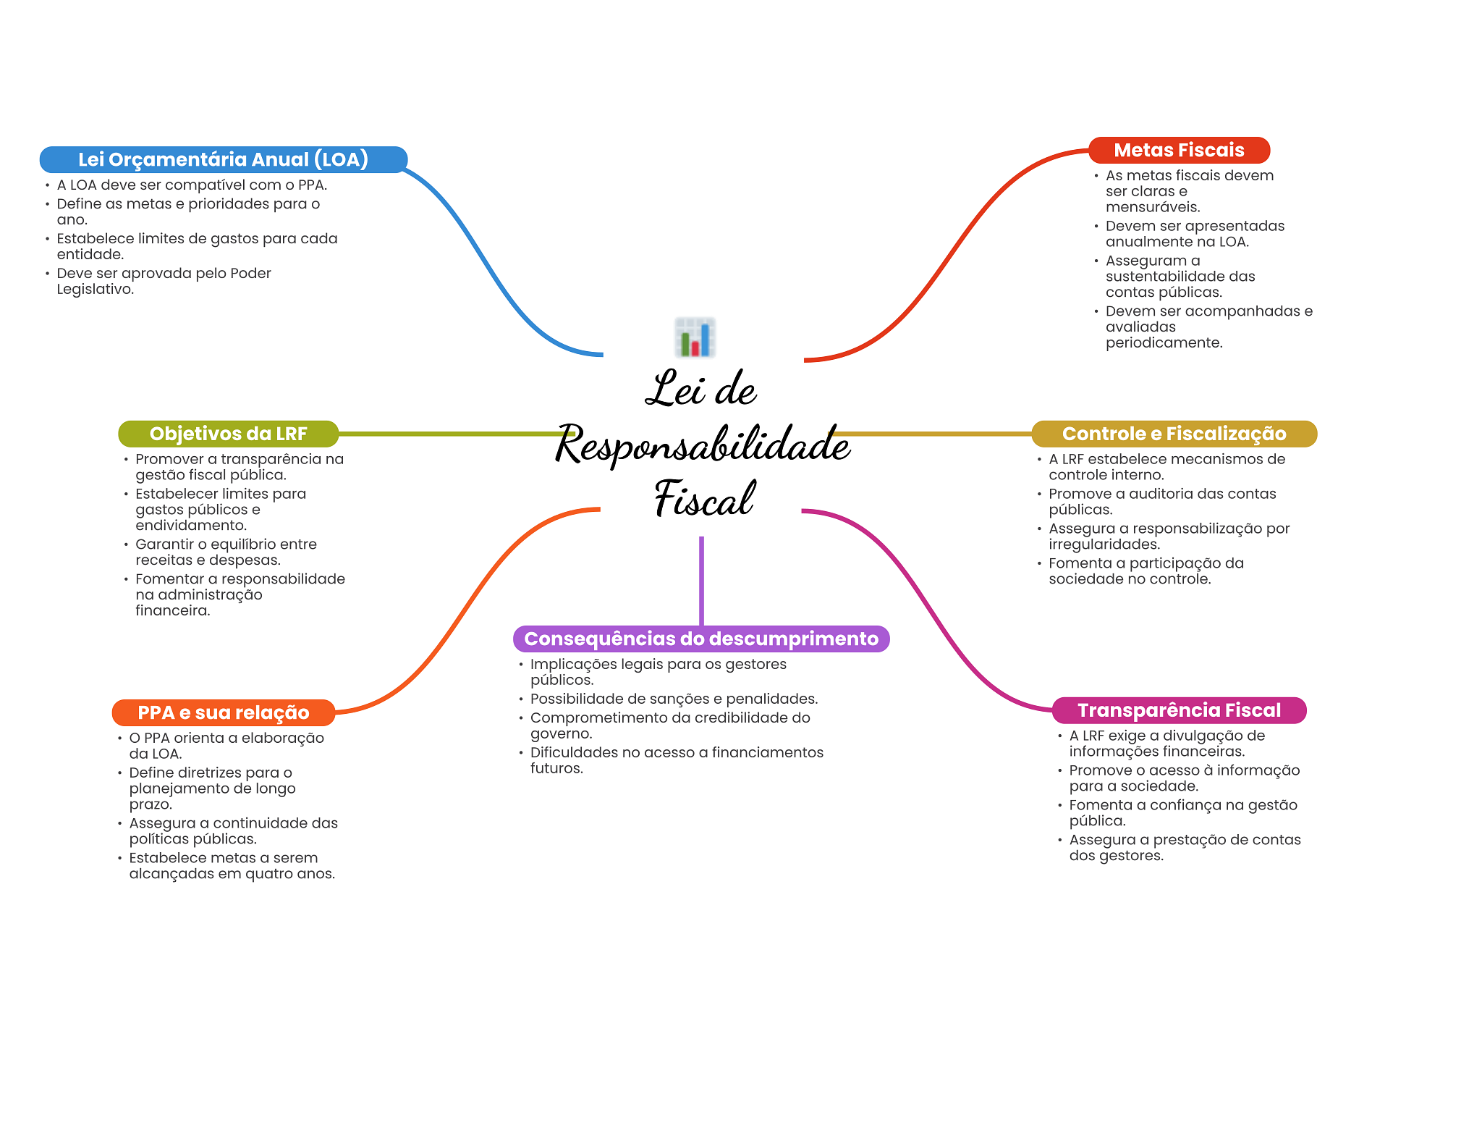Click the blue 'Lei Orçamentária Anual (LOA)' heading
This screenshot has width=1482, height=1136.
[223, 159]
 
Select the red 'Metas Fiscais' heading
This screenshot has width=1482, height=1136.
[1179, 150]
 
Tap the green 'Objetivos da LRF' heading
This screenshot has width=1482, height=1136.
[228, 434]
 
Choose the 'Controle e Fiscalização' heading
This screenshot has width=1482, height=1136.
[1174, 434]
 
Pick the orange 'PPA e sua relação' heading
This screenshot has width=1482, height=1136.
[223, 712]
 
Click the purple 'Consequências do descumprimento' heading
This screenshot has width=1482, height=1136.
[700, 639]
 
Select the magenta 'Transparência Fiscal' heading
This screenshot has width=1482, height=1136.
[1179, 710]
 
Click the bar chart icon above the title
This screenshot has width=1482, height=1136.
[695, 337]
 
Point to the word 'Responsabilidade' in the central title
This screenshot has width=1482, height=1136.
[702, 444]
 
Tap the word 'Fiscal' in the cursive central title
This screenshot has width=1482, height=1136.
[703, 499]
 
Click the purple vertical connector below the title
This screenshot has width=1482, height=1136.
[701, 579]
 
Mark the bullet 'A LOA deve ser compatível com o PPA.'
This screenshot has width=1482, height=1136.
[192, 185]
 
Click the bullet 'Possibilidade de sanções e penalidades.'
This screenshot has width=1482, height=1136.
[674, 699]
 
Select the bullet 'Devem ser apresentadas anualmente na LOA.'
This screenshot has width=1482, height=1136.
[1194, 234]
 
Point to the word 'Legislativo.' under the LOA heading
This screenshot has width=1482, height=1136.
[96, 290]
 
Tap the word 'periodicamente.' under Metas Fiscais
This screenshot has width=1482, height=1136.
[1164, 343]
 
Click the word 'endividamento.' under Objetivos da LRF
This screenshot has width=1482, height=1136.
[191, 526]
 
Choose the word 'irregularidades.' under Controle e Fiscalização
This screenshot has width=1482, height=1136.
[1104, 544]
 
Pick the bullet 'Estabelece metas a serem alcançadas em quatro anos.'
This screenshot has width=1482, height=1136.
[232, 866]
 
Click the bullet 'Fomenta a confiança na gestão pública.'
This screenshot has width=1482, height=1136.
[1183, 813]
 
